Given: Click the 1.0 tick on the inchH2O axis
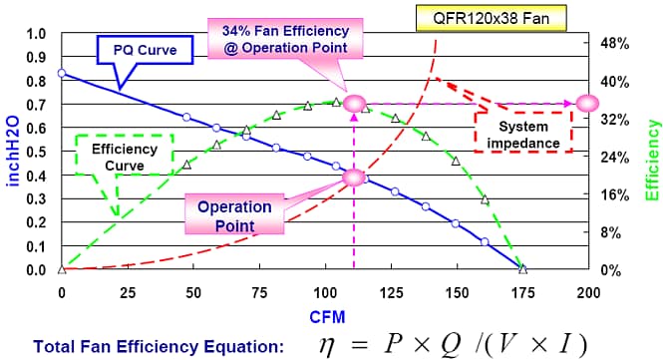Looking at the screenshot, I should coord(35,33).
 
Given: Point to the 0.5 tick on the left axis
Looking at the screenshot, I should coord(35,152).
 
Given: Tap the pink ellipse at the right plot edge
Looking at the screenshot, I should coord(587,103).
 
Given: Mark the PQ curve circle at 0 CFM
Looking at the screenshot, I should coord(62,73).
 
